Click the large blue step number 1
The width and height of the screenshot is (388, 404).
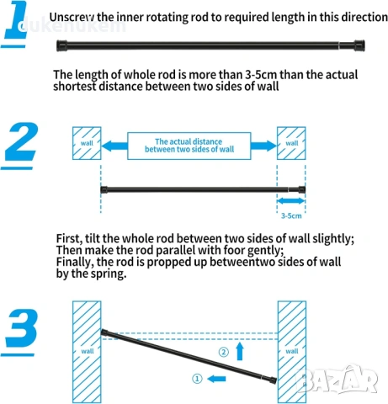16,19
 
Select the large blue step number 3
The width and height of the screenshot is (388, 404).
22,327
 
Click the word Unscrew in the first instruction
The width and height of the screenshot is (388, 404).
72,18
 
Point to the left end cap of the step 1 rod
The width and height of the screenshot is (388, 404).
61,45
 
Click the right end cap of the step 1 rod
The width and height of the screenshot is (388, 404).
359,45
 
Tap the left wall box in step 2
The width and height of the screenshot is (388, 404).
87,143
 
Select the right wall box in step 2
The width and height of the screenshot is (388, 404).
291,143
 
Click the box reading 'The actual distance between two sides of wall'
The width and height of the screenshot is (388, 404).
189,146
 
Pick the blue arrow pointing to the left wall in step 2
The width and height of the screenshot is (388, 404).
114,146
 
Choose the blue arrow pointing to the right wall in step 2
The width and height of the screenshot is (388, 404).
263,146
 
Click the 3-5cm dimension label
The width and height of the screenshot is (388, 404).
291,215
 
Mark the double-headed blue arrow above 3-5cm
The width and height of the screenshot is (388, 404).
291,201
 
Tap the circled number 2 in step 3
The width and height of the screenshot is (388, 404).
224,352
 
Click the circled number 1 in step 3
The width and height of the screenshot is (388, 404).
197,379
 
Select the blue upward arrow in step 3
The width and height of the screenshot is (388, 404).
240,351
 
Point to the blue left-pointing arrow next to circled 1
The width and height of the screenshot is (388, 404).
216,379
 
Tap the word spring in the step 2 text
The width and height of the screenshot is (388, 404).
109,274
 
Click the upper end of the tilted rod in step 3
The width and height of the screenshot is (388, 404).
103,332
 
